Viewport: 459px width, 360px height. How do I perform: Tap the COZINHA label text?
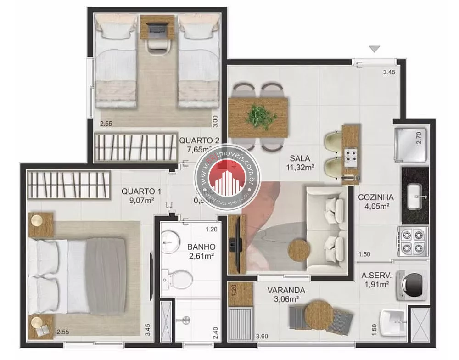click(x=376, y=197)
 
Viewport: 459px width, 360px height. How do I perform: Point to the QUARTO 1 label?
click(x=138, y=191)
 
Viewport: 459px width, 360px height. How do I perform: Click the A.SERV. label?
click(x=376, y=276)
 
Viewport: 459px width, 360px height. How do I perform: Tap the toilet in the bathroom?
click(x=177, y=277)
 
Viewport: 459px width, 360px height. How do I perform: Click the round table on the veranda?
click(x=318, y=314)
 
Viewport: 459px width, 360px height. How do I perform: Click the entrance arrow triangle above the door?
click(x=375, y=49)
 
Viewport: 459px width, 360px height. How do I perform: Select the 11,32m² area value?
click(x=299, y=168)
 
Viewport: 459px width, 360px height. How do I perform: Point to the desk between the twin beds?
click(x=157, y=27)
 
